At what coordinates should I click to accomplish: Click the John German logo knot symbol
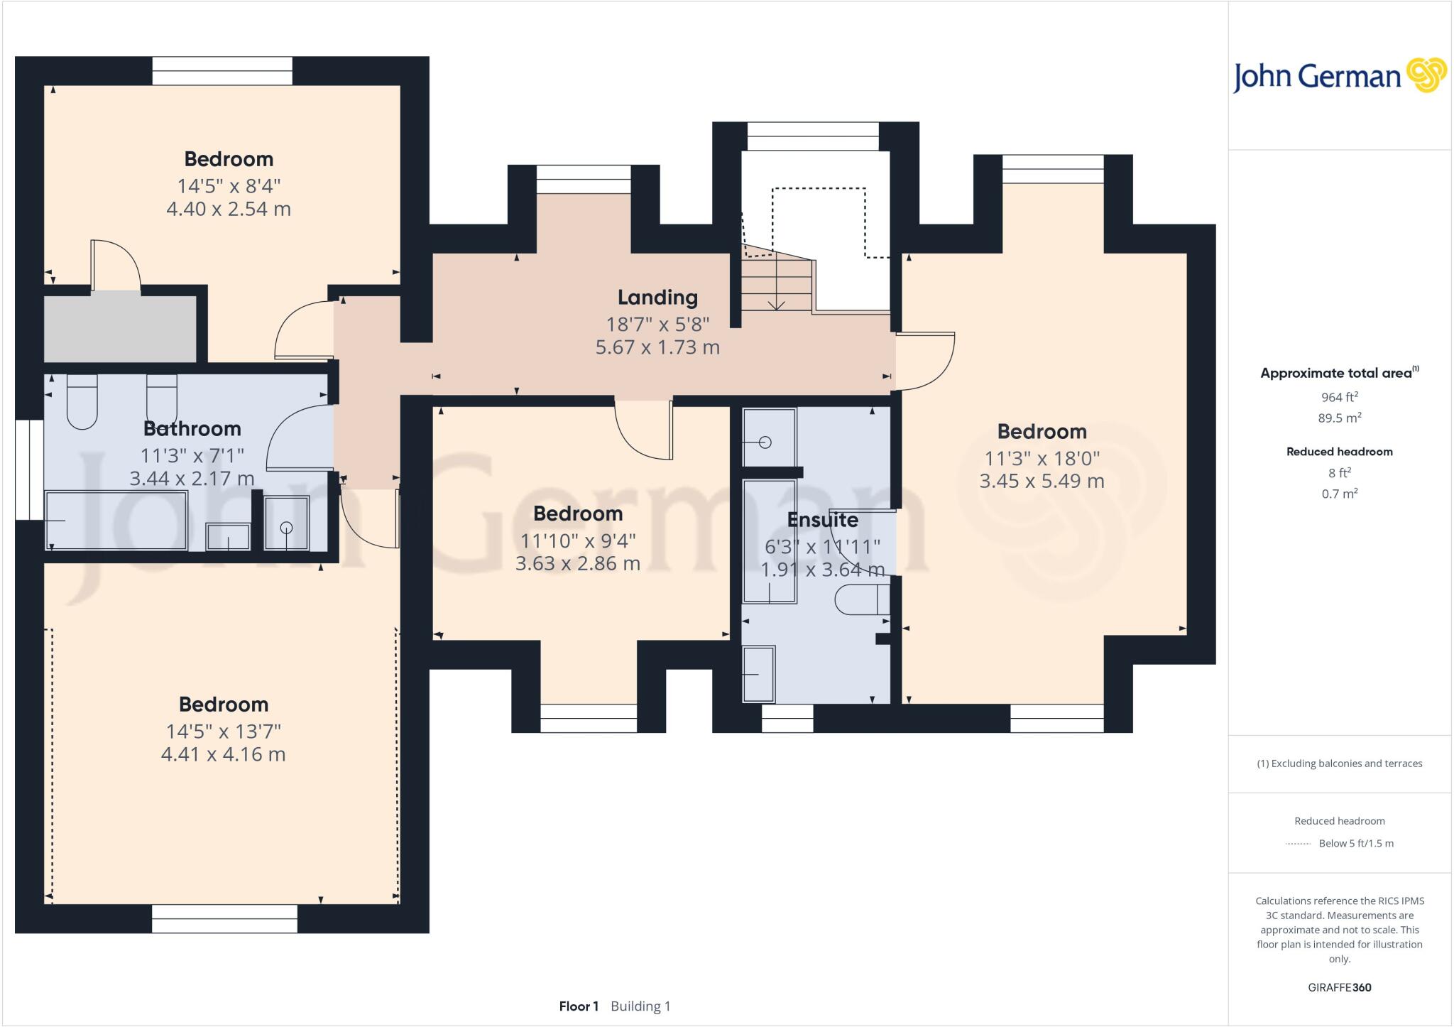click(x=1426, y=76)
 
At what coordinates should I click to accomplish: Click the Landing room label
click(x=657, y=297)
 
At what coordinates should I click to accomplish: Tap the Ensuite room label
click(x=822, y=520)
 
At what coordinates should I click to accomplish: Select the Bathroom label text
click(x=192, y=429)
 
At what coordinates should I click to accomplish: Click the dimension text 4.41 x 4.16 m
click(x=223, y=754)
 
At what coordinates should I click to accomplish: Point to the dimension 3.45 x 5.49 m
click(x=1042, y=481)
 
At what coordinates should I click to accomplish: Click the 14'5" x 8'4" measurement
click(x=229, y=186)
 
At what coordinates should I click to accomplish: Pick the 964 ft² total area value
click(x=1339, y=397)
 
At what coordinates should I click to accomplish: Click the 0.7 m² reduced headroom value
click(x=1339, y=494)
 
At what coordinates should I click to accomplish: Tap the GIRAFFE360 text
click(x=1339, y=987)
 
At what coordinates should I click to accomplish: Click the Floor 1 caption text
click(x=579, y=1006)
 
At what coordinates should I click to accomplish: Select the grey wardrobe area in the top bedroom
click(x=120, y=329)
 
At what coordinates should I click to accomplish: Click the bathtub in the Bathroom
click(x=116, y=521)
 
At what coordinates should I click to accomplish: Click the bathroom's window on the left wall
click(x=29, y=469)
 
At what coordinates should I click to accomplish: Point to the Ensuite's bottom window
click(x=787, y=718)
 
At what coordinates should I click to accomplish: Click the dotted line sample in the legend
click(x=1298, y=844)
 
